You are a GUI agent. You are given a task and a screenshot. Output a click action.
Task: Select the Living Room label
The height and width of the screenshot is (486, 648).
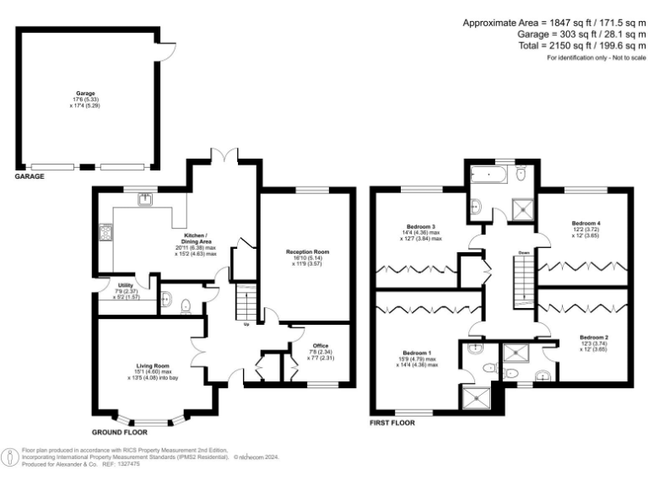pos(153,365)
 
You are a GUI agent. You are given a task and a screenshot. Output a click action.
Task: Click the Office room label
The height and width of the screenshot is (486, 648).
pos(320,345)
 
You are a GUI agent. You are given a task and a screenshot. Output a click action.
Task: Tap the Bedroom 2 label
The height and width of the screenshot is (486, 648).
pos(594,337)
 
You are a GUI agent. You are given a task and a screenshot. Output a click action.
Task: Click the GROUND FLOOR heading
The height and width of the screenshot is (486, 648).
pos(119,432)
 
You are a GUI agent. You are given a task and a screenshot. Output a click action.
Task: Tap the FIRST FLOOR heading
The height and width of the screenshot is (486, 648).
pos(392,422)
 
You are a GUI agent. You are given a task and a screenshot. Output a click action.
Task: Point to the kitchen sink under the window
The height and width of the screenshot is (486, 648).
pos(146,199)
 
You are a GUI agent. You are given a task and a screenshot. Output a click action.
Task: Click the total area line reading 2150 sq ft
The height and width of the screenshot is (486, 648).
pos(581,46)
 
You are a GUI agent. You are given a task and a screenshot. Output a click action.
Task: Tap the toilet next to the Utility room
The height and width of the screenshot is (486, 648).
pos(166,299)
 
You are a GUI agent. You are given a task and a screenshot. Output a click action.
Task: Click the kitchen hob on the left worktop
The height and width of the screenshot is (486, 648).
pos(107,231)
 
